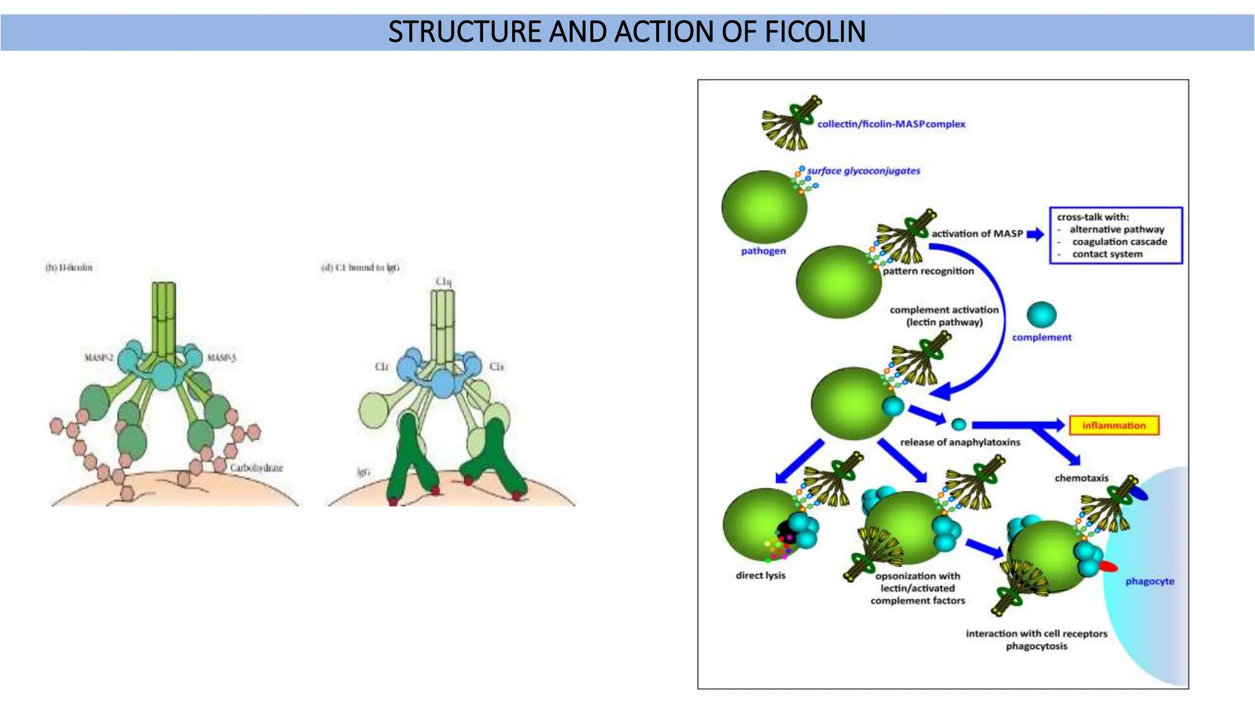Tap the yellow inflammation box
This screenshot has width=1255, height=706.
pos(1113,425)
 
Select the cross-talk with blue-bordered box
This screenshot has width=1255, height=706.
pos(1115,236)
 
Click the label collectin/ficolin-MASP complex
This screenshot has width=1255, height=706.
pos(891,124)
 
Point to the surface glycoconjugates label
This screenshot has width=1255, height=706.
pos(863,171)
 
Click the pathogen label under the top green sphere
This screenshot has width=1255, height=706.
pos(763,251)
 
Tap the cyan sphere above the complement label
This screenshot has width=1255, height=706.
pos(1041,315)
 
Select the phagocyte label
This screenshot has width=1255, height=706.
pos(1150,581)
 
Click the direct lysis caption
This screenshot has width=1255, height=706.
pos(760,575)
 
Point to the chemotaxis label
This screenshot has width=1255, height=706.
pos(1081,478)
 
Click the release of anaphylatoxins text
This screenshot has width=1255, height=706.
pos(960,442)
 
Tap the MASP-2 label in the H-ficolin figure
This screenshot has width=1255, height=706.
pos(99,357)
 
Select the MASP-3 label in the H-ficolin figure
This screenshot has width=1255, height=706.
pos(221,357)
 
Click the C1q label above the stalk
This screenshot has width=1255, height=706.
pos(444,282)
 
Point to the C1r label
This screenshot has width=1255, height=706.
pos(382,366)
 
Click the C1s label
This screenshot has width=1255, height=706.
pos(496,366)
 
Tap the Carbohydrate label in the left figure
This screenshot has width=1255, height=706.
pos(256,468)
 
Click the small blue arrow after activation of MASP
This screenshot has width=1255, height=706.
pos(1035,234)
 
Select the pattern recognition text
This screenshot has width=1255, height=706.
pos(928,271)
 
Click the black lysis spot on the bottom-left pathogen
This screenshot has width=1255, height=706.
pos(785,532)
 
